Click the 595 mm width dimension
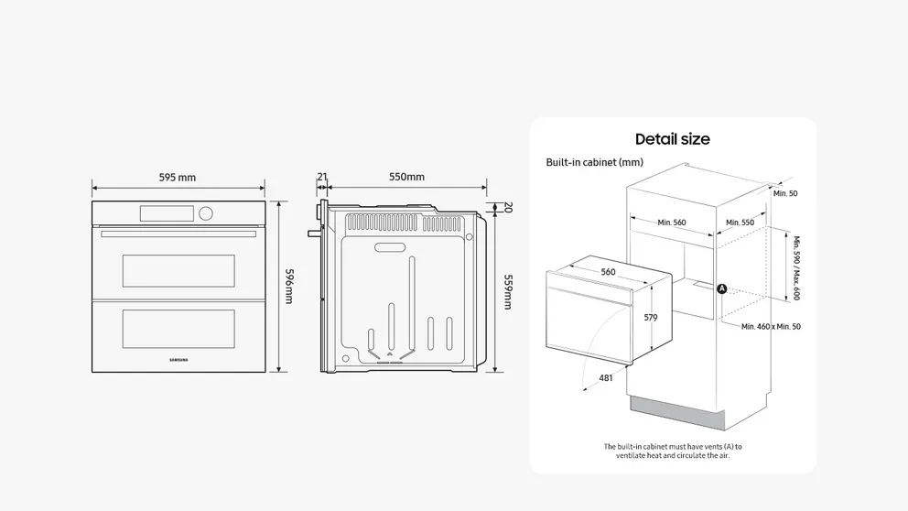[178, 178]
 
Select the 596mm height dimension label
[288, 287]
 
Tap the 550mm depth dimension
[406, 177]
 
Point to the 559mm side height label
[506, 291]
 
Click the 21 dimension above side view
[322, 177]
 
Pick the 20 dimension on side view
[507, 208]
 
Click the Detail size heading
[673, 139]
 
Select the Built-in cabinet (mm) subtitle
[594, 162]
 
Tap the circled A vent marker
[721, 288]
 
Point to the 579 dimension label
[651, 317]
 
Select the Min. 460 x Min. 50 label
[771, 326]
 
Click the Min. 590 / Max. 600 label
[795, 268]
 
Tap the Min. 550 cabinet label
[740, 223]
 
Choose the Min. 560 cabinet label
[671, 223]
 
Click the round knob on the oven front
[205, 213]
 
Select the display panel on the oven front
[167, 213]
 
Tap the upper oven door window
[178, 271]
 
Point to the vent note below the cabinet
[673, 451]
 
